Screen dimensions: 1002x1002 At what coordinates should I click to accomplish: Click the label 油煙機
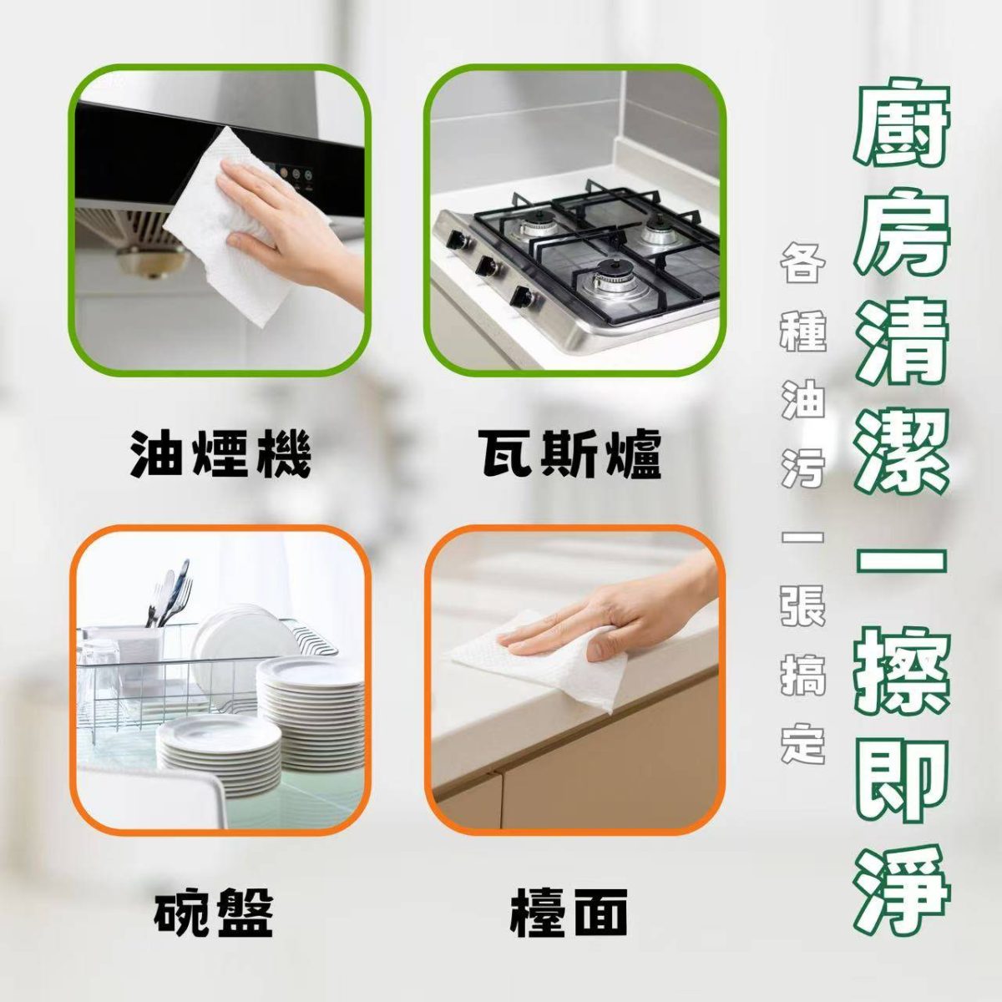pos(220,453)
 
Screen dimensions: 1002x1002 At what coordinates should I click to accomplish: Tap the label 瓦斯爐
pos(569,453)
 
